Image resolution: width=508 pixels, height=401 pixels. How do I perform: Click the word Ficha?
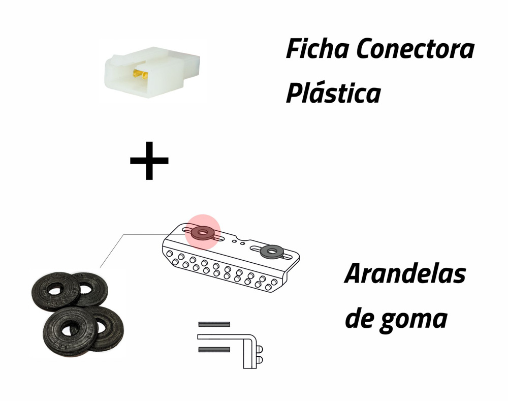318,49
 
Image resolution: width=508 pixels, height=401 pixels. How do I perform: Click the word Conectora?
416,49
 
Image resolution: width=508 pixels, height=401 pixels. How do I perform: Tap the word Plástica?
333,93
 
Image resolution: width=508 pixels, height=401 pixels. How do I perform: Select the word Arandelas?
405,274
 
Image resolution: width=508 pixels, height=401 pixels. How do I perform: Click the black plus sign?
149,161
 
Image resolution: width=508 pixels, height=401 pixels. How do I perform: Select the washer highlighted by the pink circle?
203,232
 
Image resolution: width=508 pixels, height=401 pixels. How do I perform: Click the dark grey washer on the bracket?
272,251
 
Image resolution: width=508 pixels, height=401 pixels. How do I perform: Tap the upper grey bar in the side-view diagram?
214,324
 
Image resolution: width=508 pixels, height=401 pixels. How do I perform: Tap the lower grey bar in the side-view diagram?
214,350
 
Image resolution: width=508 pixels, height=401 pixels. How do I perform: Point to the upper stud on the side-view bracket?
260,349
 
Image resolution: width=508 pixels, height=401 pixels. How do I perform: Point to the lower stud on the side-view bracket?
260,359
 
